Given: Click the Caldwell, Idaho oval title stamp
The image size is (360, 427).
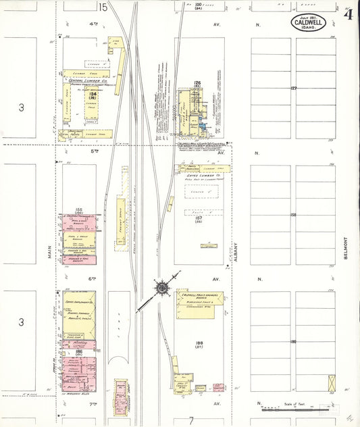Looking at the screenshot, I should pos(309,23).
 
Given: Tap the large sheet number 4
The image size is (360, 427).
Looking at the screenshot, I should pos(348,15).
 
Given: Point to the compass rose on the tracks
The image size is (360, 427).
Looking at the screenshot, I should pos(163,288).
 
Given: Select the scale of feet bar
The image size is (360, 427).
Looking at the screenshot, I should pos(297,407).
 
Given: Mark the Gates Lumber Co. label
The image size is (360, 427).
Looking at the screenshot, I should pos(202,174).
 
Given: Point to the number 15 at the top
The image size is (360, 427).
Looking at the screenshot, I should pos(102,7).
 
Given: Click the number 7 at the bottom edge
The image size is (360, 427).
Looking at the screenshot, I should pos(191,420).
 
